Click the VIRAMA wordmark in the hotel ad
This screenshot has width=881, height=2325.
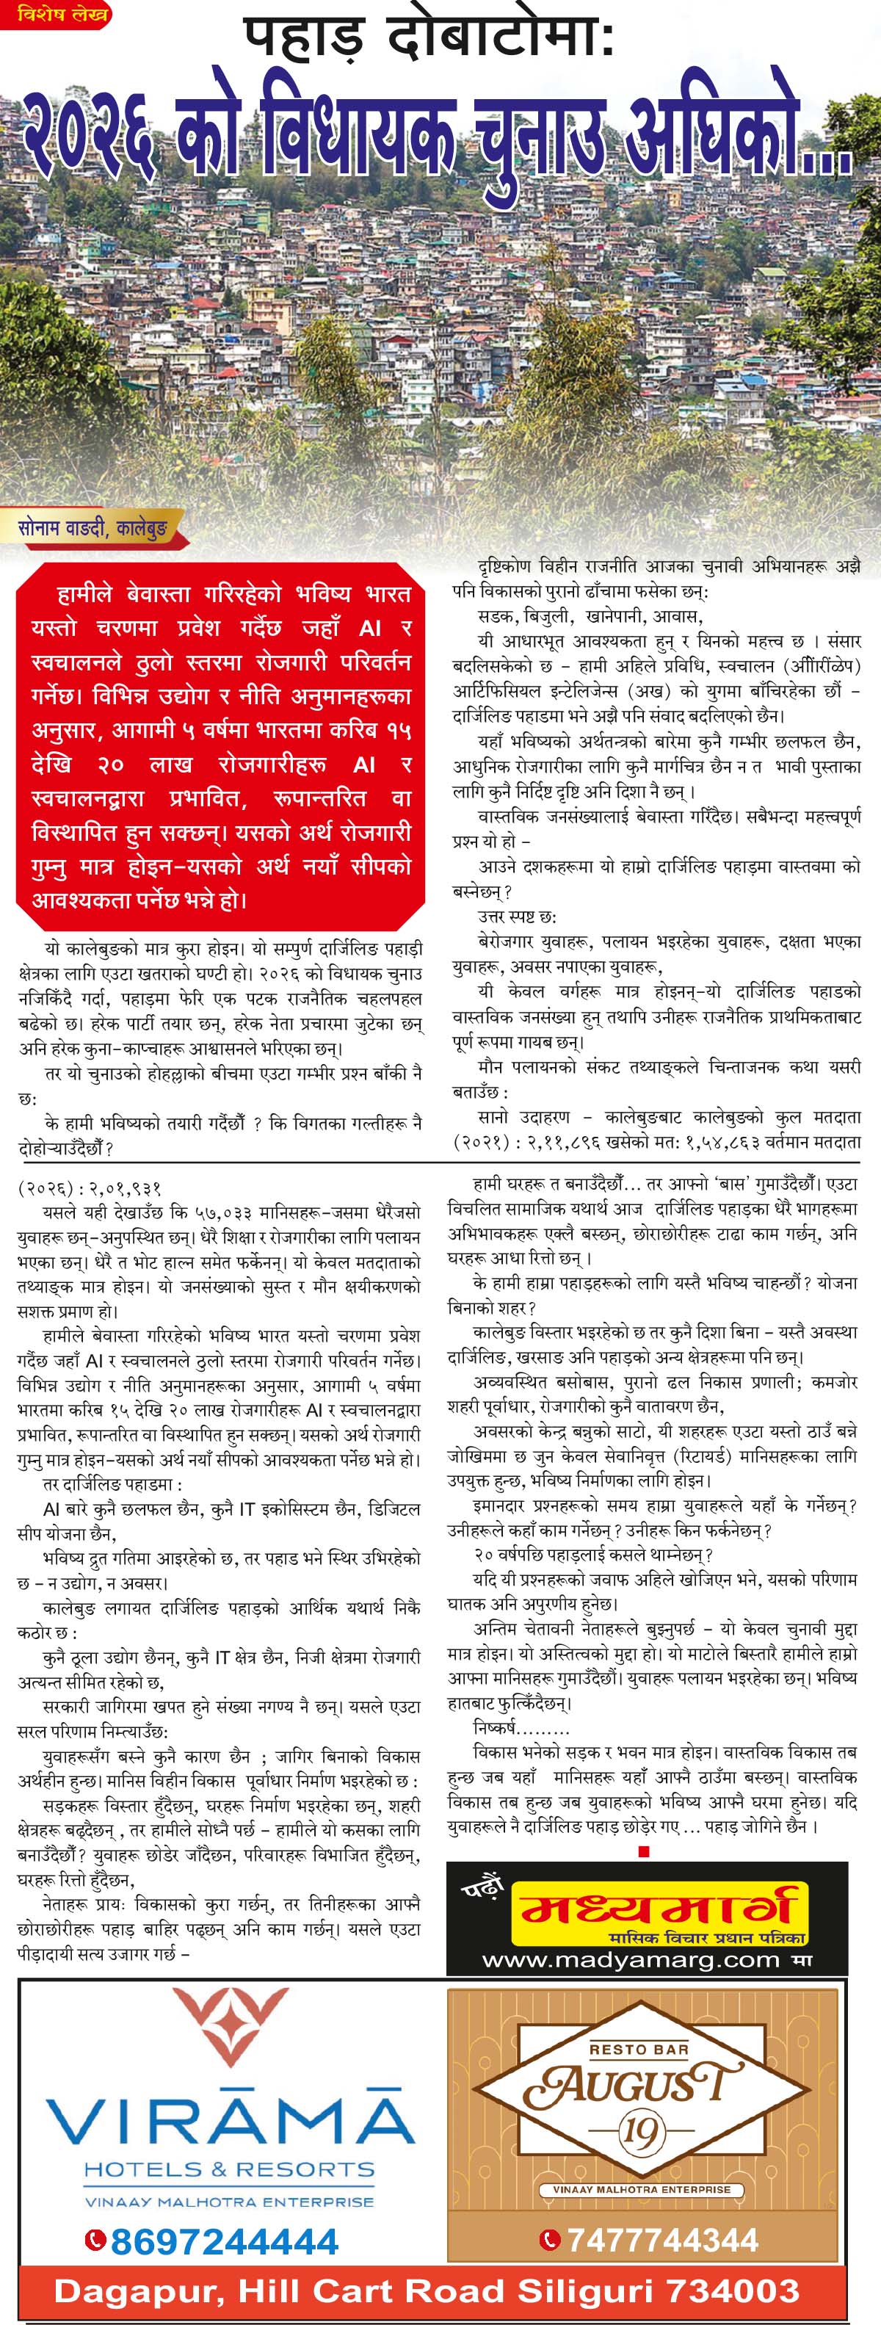(x=231, y=2122)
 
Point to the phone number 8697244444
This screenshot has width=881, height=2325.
(x=224, y=2241)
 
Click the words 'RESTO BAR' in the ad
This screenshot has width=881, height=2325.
(x=638, y=2050)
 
